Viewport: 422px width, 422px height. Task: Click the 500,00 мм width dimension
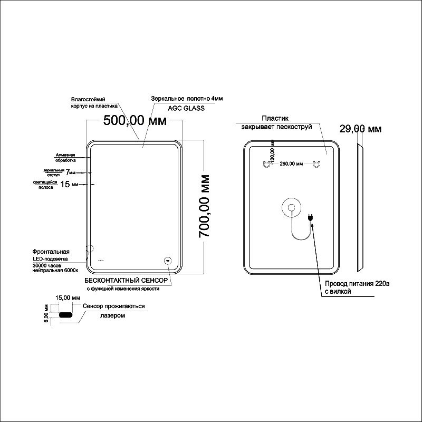coord(135,121)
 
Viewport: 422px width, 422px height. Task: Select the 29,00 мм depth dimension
coord(361,129)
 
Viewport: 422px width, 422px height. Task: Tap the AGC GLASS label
coord(186,108)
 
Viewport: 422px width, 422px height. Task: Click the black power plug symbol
coord(311,216)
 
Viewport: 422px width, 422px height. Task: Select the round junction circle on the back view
coord(291,207)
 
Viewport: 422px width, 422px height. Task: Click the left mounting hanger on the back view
coord(266,164)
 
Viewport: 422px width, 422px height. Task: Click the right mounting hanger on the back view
coord(316,164)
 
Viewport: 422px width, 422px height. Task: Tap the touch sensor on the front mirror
coord(168,260)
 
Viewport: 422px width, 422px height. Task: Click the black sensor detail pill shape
coord(67,315)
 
